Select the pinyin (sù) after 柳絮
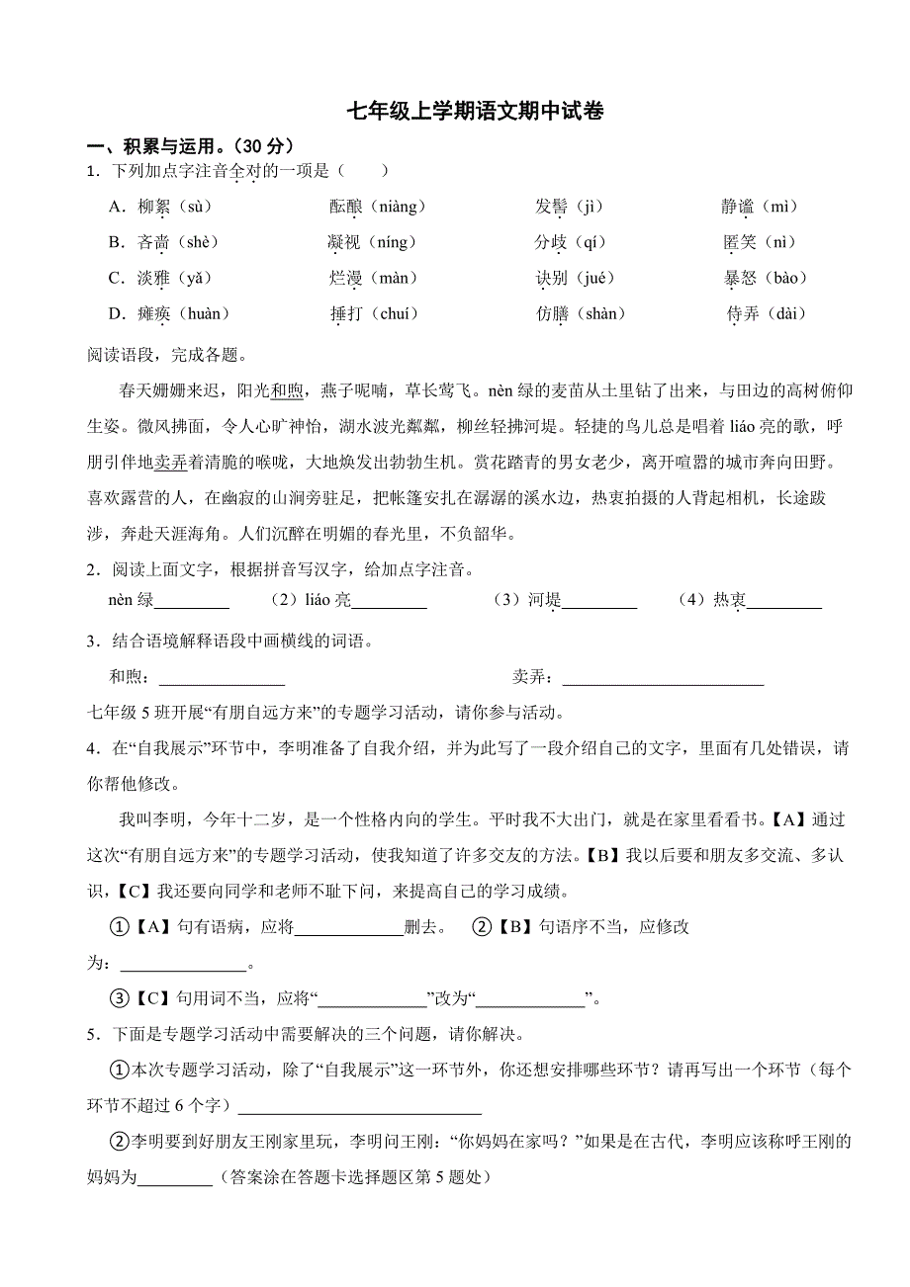coord(193,207)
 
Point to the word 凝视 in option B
coord(345,242)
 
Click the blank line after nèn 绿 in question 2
coord(192,603)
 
